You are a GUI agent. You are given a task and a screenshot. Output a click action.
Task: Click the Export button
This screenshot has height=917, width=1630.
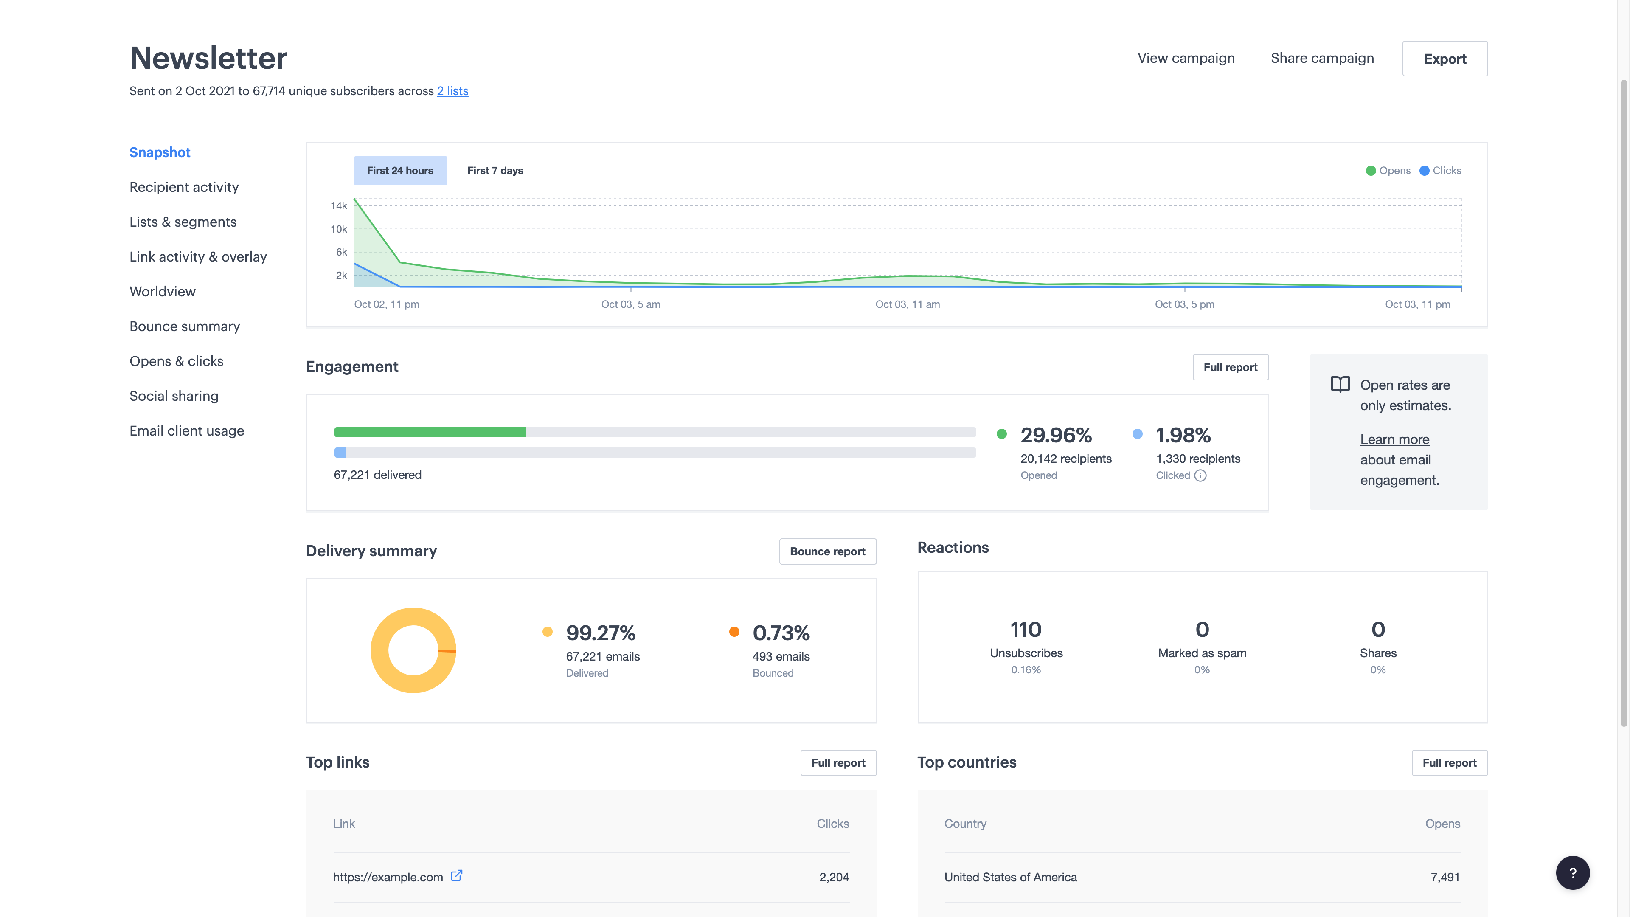(1445, 59)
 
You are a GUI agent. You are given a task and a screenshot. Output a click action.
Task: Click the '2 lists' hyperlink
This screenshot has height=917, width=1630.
(452, 91)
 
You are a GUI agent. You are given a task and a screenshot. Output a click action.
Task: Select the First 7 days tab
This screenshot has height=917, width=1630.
(495, 171)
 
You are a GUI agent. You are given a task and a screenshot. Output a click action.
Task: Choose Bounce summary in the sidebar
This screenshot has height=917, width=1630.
(185, 326)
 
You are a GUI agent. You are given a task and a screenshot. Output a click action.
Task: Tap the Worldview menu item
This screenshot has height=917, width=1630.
(163, 292)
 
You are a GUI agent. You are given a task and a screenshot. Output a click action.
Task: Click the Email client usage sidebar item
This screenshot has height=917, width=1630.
(187, 431)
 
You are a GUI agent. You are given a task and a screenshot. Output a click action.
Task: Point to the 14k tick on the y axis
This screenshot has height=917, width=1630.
(339, 205)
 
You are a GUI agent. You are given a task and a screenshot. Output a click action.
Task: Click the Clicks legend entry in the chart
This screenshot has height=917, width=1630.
(1440, 171)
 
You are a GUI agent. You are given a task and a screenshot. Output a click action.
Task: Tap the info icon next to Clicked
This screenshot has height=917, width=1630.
(1200, 476)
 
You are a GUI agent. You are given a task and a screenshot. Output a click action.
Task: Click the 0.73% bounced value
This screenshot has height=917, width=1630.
(781, 633)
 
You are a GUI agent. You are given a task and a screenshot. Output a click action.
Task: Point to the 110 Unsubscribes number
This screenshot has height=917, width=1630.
(1026, 630)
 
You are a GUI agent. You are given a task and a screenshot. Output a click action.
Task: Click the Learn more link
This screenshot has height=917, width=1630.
(1394, 440)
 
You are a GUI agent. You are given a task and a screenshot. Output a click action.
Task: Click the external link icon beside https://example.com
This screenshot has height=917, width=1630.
(456, 876)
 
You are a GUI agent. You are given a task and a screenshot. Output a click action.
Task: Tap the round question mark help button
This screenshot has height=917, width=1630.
(1572, 873)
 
